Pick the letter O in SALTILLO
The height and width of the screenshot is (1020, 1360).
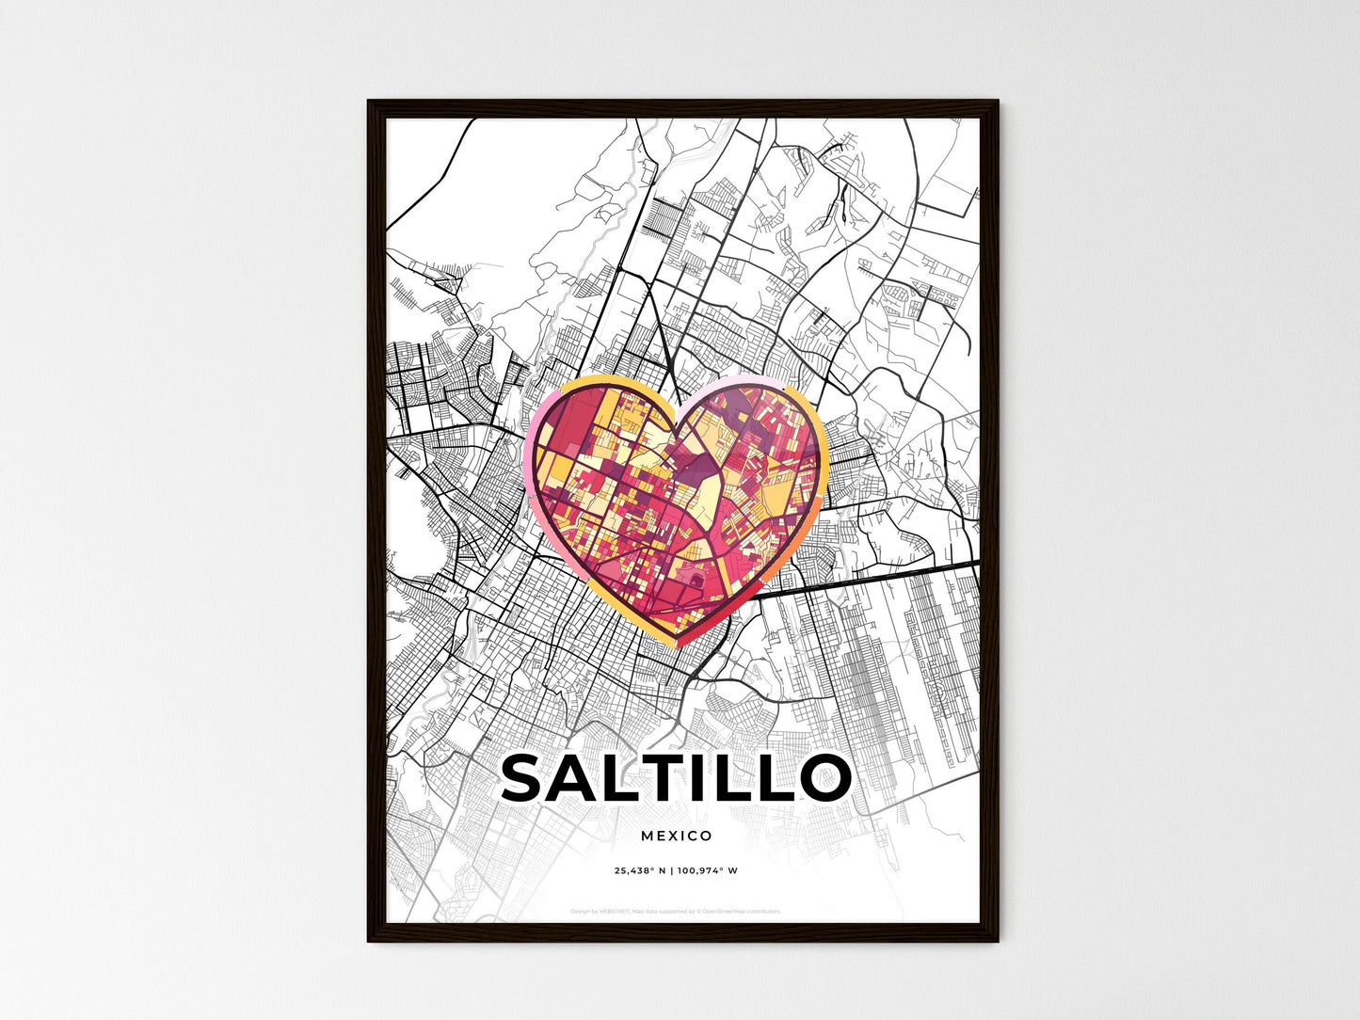[x=822, y=778]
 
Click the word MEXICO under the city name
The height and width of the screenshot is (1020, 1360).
[x=676, y=836]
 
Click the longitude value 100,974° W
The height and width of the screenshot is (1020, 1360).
[x=707, y=870]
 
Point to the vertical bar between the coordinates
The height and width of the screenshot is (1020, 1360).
[x=671, y=870]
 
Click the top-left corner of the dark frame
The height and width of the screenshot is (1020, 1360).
[x=369, y=102]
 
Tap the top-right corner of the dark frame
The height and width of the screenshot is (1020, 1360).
[x=996, y=102]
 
